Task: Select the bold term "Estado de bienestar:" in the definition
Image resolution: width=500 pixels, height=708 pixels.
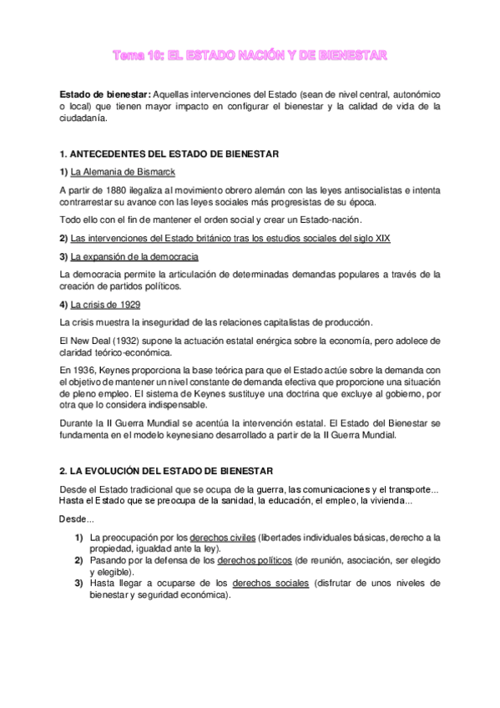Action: tap(104, 94)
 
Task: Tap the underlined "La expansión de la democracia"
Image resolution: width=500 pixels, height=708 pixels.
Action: tap(134, 255)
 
